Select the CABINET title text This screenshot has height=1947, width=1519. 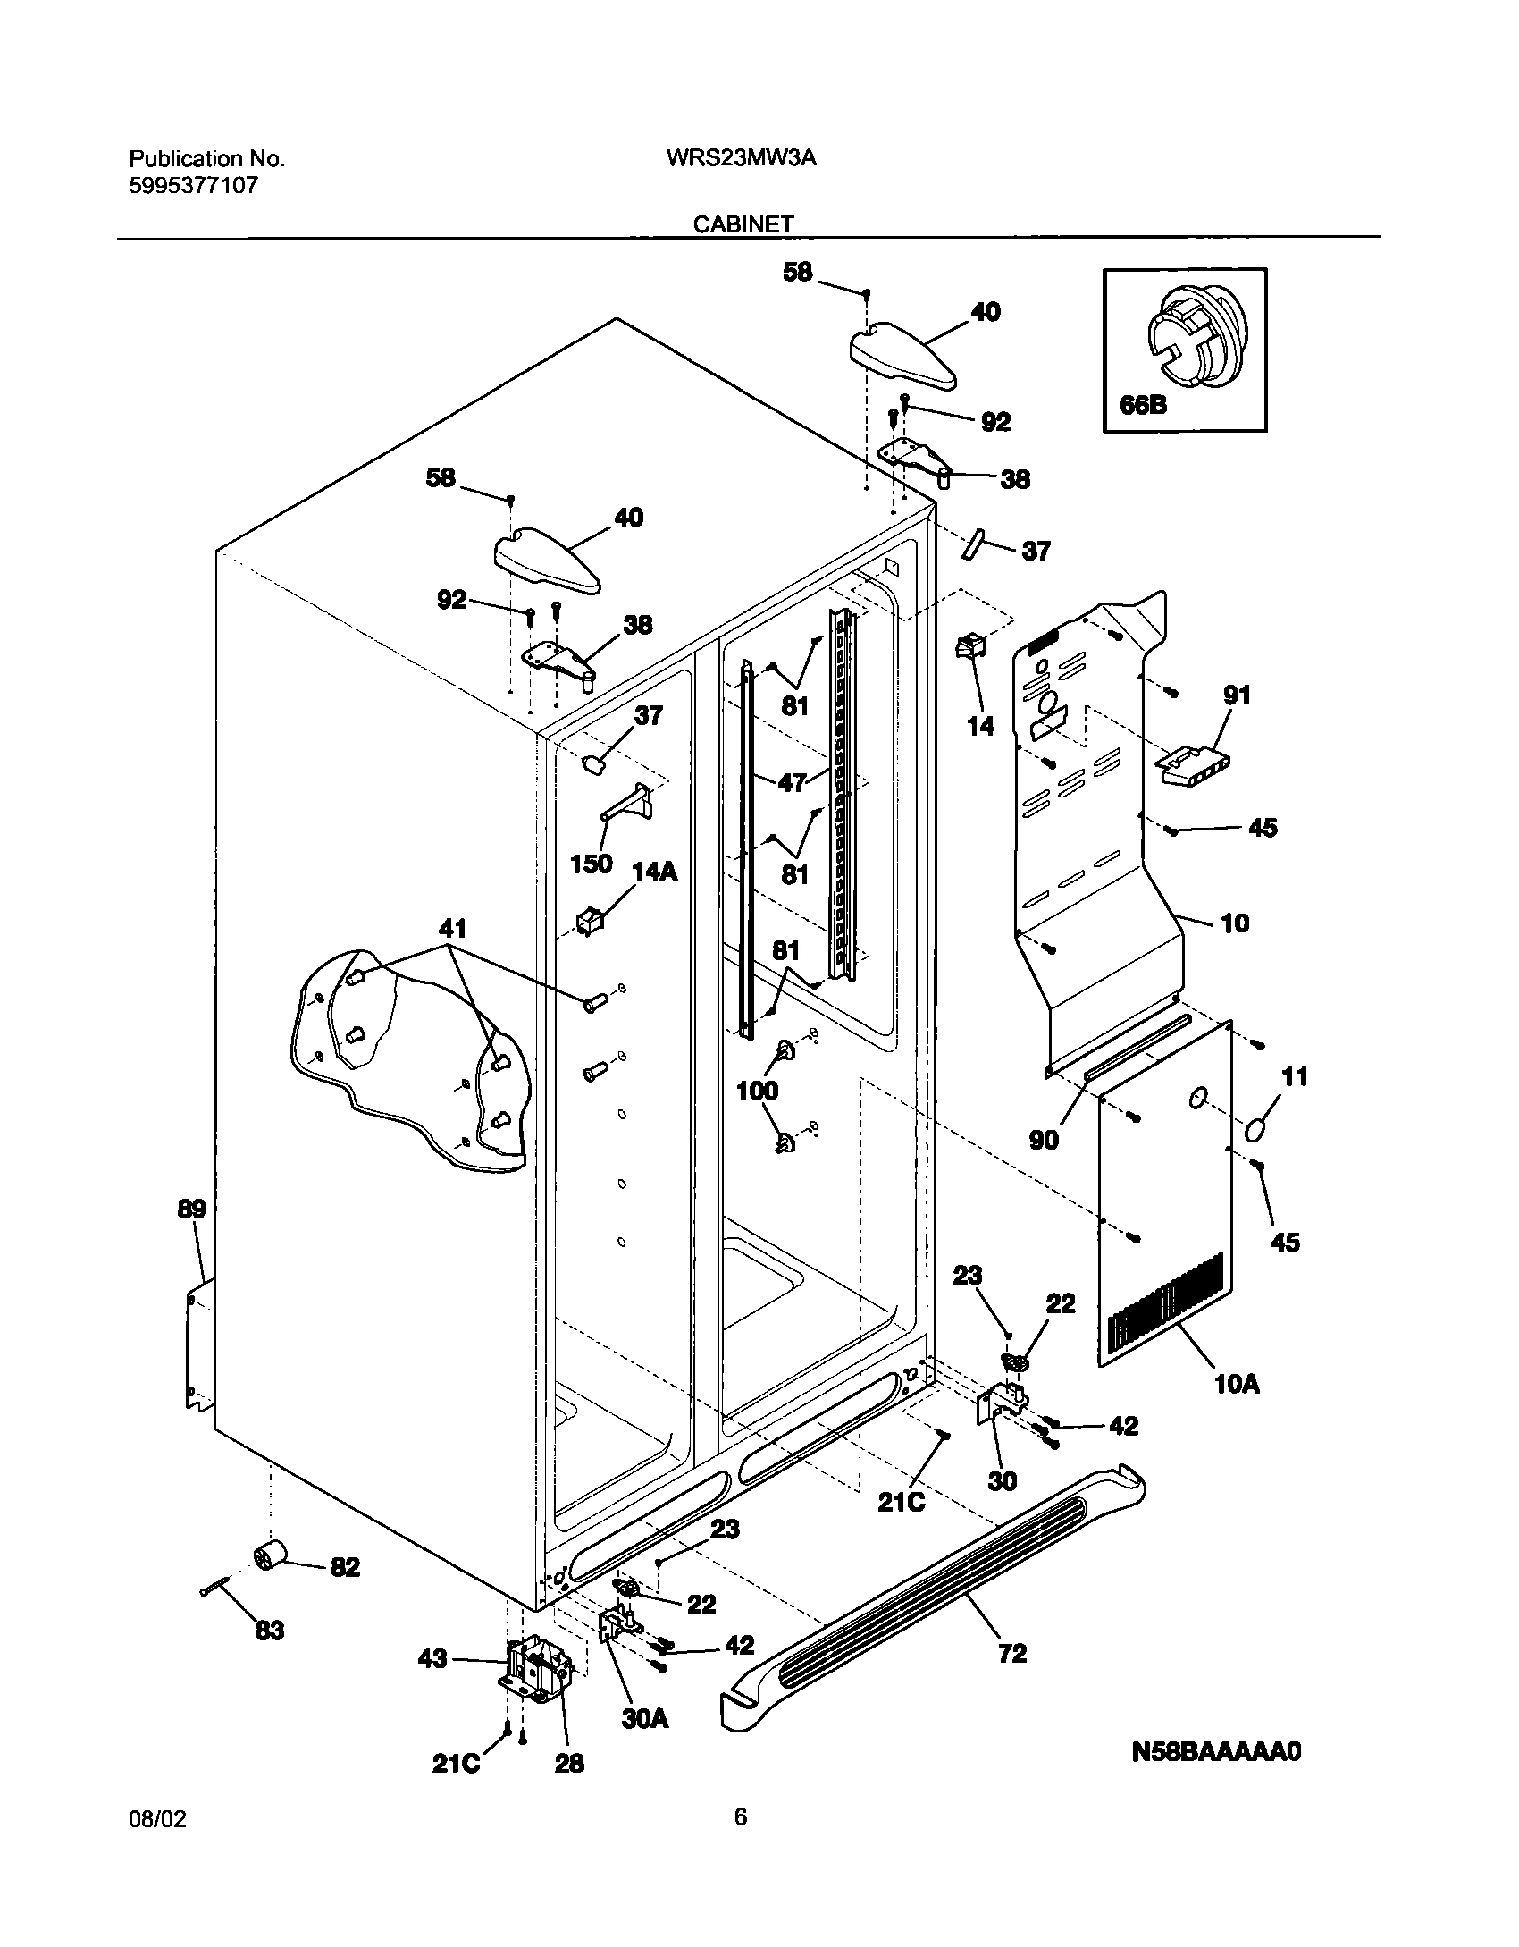(743, 224)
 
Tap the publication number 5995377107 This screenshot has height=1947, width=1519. (194, 186)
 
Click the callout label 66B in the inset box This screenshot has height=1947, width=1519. (1143, 405)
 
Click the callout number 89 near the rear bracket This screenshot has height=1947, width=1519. (191, 1209)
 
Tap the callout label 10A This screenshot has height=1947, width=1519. (1237, 1385)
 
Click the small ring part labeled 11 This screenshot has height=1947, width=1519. (1255, 1131)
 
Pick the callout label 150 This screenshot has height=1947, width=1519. (591, 864)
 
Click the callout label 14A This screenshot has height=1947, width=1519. (654, 871)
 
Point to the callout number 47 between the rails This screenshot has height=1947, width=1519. (793, 783)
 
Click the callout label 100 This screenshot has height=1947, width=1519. (757, 1091)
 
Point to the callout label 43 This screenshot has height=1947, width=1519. (432, 1659)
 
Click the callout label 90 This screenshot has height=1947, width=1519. (1044, 1140)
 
